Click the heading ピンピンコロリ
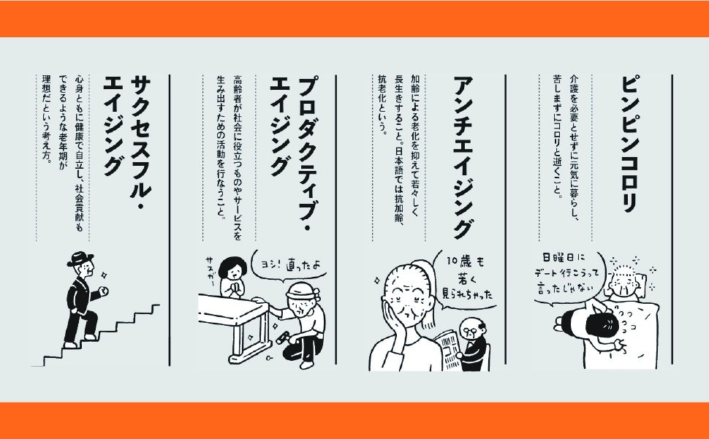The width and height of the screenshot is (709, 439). tap(629, 144)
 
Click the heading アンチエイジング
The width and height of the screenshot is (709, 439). tap(463, 157)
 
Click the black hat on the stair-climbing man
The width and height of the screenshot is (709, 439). tap(80, 259)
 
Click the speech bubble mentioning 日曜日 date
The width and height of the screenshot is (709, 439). tap(569, 276)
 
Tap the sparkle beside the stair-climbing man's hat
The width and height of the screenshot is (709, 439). tap(104, 275)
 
